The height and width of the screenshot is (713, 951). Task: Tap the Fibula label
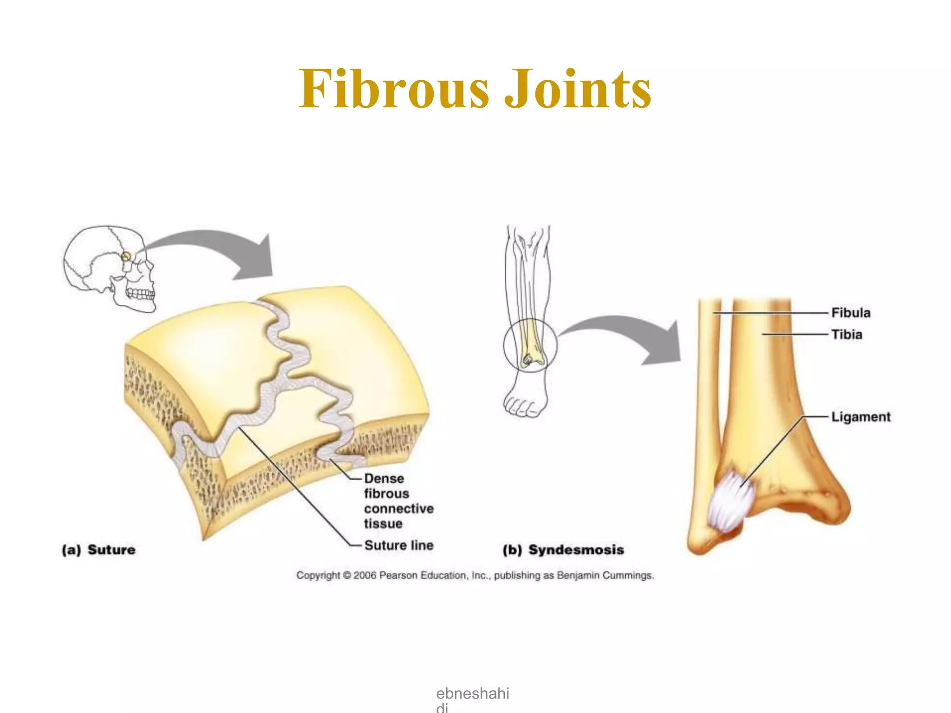(x=850, y=313)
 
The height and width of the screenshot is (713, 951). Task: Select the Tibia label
(x=847, y=335)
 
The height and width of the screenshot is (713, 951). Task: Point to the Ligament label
(x=860, y=417)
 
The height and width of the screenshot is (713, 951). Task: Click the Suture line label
(x=398, y=545)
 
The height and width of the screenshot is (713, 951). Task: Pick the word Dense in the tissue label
(x=384, y=479)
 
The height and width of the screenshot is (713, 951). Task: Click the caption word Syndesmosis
(x=576, y=550)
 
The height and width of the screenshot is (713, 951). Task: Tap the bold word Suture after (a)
(x=111, y=550)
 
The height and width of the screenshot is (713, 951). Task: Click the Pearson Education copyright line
(x=475, y=576)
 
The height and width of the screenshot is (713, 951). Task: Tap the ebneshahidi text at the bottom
(x=472, y=694)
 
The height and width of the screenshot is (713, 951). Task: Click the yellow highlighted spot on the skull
(x=126, y=256)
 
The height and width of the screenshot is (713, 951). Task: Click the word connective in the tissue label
(x=398, y=509)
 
